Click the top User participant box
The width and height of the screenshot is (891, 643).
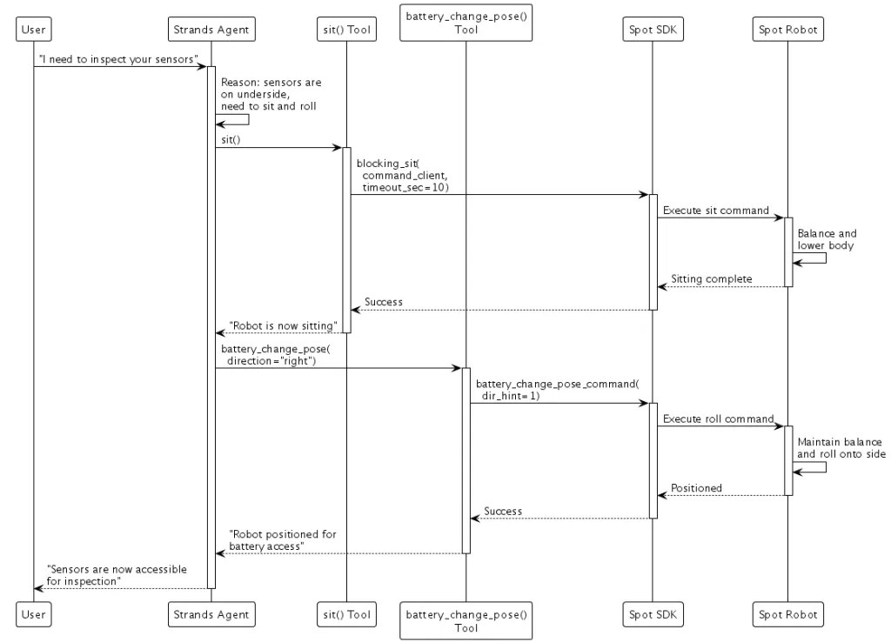(x=33, y=30)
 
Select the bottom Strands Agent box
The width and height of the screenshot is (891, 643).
(x=211, y=614)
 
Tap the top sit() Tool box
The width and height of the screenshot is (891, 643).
(x=345, y=30)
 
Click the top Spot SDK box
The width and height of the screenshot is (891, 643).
(x=652, y=30)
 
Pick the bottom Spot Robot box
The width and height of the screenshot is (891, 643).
(x=787, y=614)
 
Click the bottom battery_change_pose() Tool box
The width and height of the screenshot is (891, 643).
(x=466, y=620)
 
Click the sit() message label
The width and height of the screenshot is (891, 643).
(x=231, y=139)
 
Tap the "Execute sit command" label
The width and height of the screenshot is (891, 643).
(x=715, y=211)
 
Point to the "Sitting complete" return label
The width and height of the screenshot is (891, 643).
(x=711, y=278)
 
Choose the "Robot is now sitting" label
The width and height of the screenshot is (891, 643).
(x=283, y=325)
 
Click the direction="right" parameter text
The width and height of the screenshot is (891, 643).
(x=270, y=359)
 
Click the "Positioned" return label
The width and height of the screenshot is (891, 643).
(x=696, y=488)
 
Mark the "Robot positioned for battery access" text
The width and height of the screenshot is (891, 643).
(x=282, y=540)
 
